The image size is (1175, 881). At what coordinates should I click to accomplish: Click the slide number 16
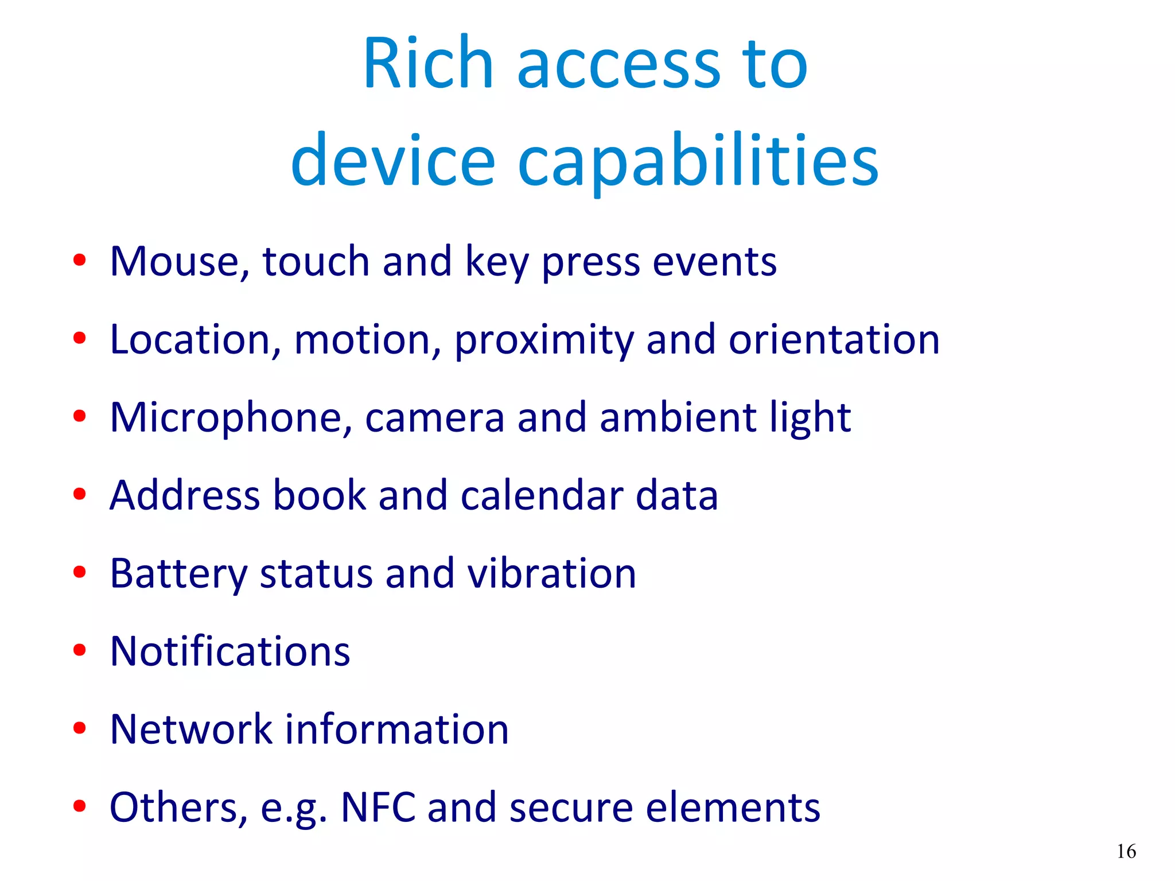1126,851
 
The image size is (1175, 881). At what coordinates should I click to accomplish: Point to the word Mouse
180,262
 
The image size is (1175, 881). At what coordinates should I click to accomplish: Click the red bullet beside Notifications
80,650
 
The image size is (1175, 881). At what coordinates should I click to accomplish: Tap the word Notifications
229,651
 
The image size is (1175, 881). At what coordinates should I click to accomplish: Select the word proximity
544,340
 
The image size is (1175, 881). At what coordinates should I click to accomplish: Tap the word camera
434,418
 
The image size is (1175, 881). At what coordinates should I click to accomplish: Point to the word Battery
178,574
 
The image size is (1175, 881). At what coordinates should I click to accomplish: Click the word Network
191,729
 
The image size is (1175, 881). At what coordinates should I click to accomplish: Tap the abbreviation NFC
378,808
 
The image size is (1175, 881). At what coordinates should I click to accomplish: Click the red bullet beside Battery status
80,572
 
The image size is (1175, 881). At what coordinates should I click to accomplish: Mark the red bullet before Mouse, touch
80,260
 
